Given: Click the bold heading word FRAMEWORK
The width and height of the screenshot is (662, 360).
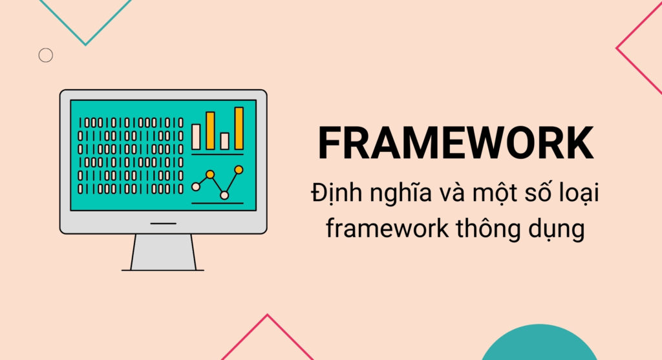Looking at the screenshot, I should tap(456, 143).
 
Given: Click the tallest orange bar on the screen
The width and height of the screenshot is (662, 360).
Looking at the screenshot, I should tap(239, 128).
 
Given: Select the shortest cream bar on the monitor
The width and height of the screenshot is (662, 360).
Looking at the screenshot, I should tap(224, 141).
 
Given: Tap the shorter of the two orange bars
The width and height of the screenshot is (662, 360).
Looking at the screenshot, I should tap(210, 131).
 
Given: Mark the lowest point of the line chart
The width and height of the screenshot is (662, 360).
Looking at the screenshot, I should tap(224, 195).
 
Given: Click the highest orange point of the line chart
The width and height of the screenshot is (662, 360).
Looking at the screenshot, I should tap(239, 170).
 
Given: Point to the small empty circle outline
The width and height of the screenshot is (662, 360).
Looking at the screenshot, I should tap(45, 56).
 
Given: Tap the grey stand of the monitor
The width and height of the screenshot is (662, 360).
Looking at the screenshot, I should tap(163, 252).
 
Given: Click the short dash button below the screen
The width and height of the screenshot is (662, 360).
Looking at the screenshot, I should tap(163, 223).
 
